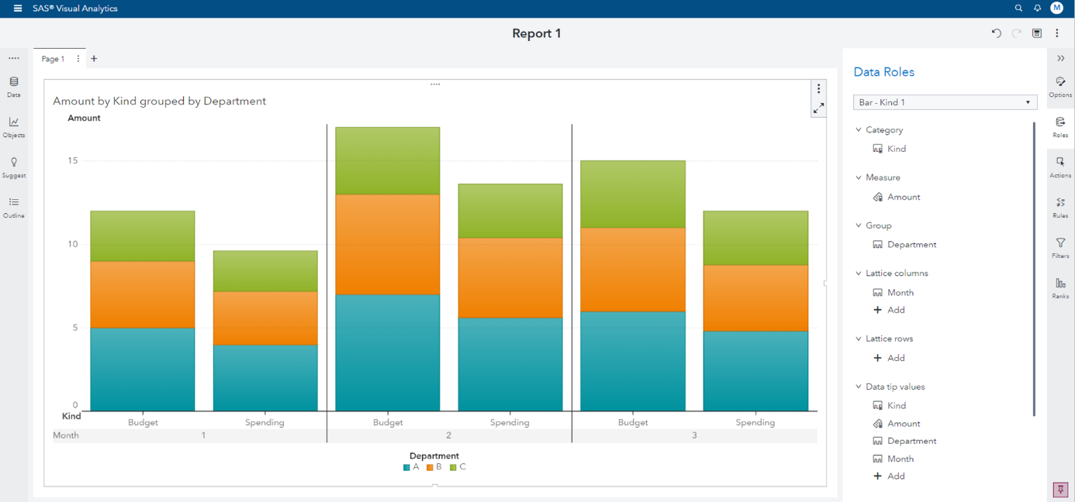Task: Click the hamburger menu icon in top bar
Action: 18,9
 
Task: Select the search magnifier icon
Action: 1018,9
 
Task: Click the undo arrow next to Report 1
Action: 996,33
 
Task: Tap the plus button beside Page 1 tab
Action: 94,59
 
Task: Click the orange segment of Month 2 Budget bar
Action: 387,244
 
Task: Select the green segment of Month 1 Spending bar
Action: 265,270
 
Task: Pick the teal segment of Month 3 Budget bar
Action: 632,361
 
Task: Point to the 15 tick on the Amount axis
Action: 72,161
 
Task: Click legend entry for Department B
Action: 434,467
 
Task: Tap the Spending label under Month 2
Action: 510,423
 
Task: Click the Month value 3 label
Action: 694,435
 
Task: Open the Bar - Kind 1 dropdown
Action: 944,102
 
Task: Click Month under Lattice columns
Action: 900,293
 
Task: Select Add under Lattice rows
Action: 895,358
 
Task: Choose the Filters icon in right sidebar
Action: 1060,246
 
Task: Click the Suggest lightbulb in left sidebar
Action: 14,166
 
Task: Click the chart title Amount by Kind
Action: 159,101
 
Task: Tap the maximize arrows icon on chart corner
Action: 818,108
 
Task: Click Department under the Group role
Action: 911,245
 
